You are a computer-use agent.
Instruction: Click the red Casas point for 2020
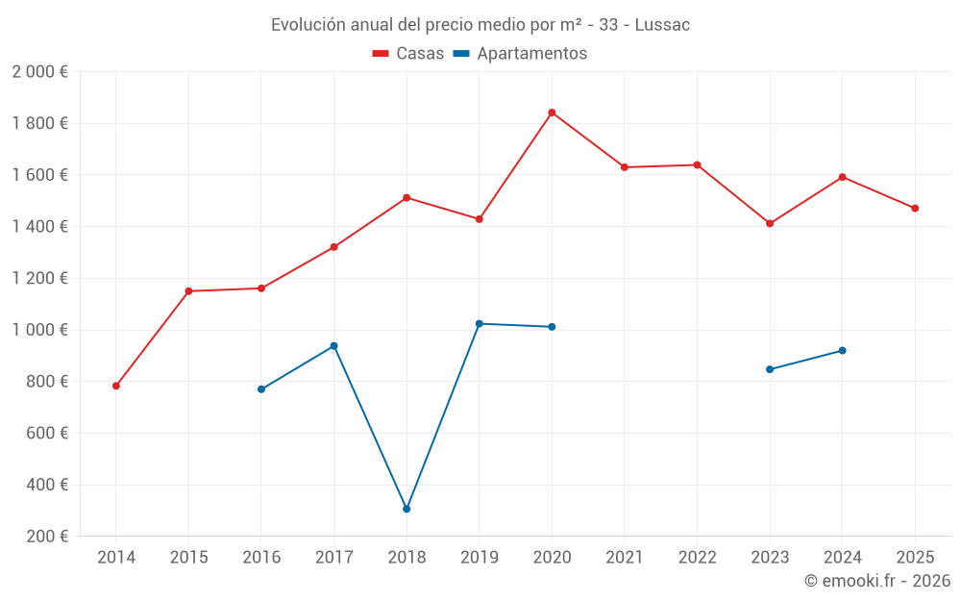click(552, 113)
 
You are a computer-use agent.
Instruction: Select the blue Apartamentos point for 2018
click(407, 509)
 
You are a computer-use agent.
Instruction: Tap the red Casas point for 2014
click(116, 386)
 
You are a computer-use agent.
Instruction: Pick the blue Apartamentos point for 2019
click(480, 323)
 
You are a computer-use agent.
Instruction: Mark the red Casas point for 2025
click(915, 208)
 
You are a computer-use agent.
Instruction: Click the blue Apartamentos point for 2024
click(843, 350)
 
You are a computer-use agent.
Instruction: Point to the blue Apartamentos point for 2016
click(261, 389)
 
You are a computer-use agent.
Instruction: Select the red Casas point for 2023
click(770, 223)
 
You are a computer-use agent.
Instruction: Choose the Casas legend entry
click(408, 54)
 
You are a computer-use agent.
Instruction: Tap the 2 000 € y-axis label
click(39, 71)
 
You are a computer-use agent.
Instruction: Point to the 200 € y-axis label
click(45, 536)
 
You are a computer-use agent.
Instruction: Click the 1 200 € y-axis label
click(39, 278)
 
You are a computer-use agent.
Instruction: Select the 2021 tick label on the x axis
click(625, 557)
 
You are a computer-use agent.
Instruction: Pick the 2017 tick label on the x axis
click(333, 557)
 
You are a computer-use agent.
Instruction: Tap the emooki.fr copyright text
click(877, 581)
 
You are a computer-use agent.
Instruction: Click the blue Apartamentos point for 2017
click(333, 345)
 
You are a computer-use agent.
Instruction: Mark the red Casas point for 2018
click(407, 197)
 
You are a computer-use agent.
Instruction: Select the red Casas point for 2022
click(697, 164)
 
